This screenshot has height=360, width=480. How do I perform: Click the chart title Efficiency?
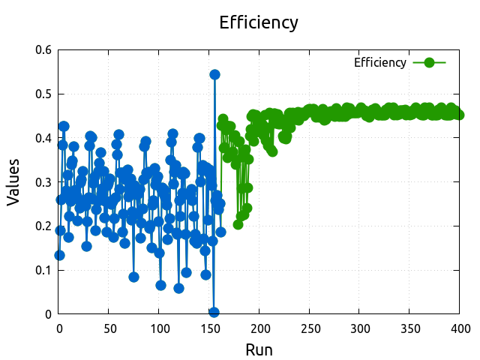(x=259, y=22)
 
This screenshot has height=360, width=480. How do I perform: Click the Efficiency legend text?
(x=380, y=62)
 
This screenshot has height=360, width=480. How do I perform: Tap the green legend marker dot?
(x=430, y=62)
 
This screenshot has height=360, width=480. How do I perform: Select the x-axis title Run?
(x=259, y=349)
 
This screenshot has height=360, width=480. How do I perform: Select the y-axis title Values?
(x=13, y=182)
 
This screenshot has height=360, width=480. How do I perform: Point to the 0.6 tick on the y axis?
(x=43, y=50)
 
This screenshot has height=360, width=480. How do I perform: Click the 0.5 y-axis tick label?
(x=43, y=94)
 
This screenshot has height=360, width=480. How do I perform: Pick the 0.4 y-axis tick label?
(x=43, y=138)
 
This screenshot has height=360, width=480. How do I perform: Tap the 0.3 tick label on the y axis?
(x=43, y=182)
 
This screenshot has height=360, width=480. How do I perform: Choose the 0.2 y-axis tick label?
(x=43, y=226)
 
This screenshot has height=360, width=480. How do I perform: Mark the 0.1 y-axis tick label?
(x=43, y=270)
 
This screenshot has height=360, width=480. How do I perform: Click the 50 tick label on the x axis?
(x=109, y=328)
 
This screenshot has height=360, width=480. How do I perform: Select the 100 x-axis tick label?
(x=159, y=328)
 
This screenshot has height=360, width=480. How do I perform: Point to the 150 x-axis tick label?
(x=209, y=328)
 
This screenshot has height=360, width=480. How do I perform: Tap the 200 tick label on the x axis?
(x=259, y=328)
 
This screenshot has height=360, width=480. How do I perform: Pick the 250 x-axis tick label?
(x=310, y=328)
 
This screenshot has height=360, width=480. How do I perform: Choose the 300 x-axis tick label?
(x=360, y=328)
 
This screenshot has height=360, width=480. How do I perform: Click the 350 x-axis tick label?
(x=410, y=328)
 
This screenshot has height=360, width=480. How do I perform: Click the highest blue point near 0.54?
(x=214, y=74)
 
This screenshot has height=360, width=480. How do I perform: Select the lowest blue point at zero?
(x=214, y=312)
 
